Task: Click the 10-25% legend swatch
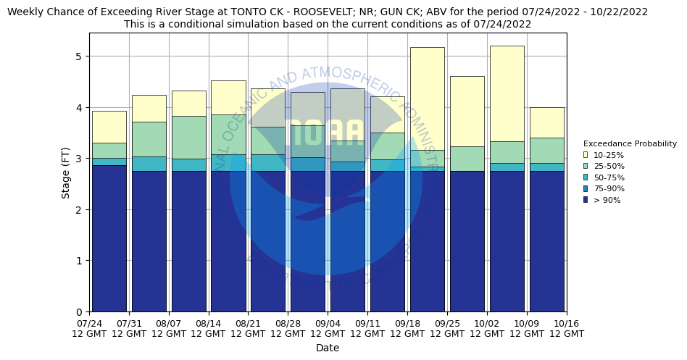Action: (586, 155)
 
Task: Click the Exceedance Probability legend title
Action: (629, 143)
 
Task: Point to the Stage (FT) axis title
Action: (66, 172)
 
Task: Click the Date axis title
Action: (328, 348)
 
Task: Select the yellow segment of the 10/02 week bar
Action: (507, 93)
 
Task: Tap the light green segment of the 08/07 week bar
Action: (188, 137)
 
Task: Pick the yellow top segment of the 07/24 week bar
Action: (109, 127)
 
